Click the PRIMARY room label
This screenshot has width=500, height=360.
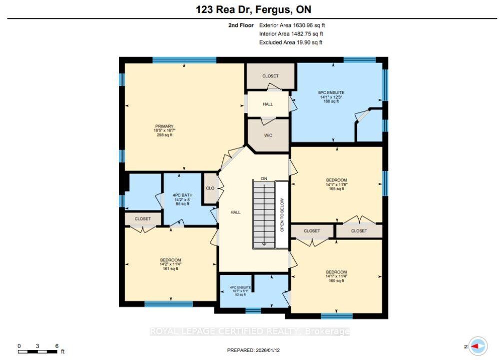click(164, 126)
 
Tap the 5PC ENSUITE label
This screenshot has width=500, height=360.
click(331, 92)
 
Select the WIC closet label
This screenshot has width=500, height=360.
click(268, 135)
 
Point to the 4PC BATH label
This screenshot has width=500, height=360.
click(182, 195)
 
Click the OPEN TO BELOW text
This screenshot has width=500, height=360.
click(282, 215)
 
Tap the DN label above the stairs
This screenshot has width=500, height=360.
click(264, 178)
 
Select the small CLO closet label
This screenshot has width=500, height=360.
click(210, 188)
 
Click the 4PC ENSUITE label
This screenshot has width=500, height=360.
click(240, 287)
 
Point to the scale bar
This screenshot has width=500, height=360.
click(37, 351)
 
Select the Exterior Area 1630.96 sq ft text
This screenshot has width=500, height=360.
click(292, 25)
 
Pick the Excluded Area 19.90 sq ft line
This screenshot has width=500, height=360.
click(291, 42)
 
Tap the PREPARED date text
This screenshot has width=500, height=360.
click(253, 350)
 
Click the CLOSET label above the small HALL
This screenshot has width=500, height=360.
click(270, 76)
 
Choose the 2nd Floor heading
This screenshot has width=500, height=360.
click(241, 25)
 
